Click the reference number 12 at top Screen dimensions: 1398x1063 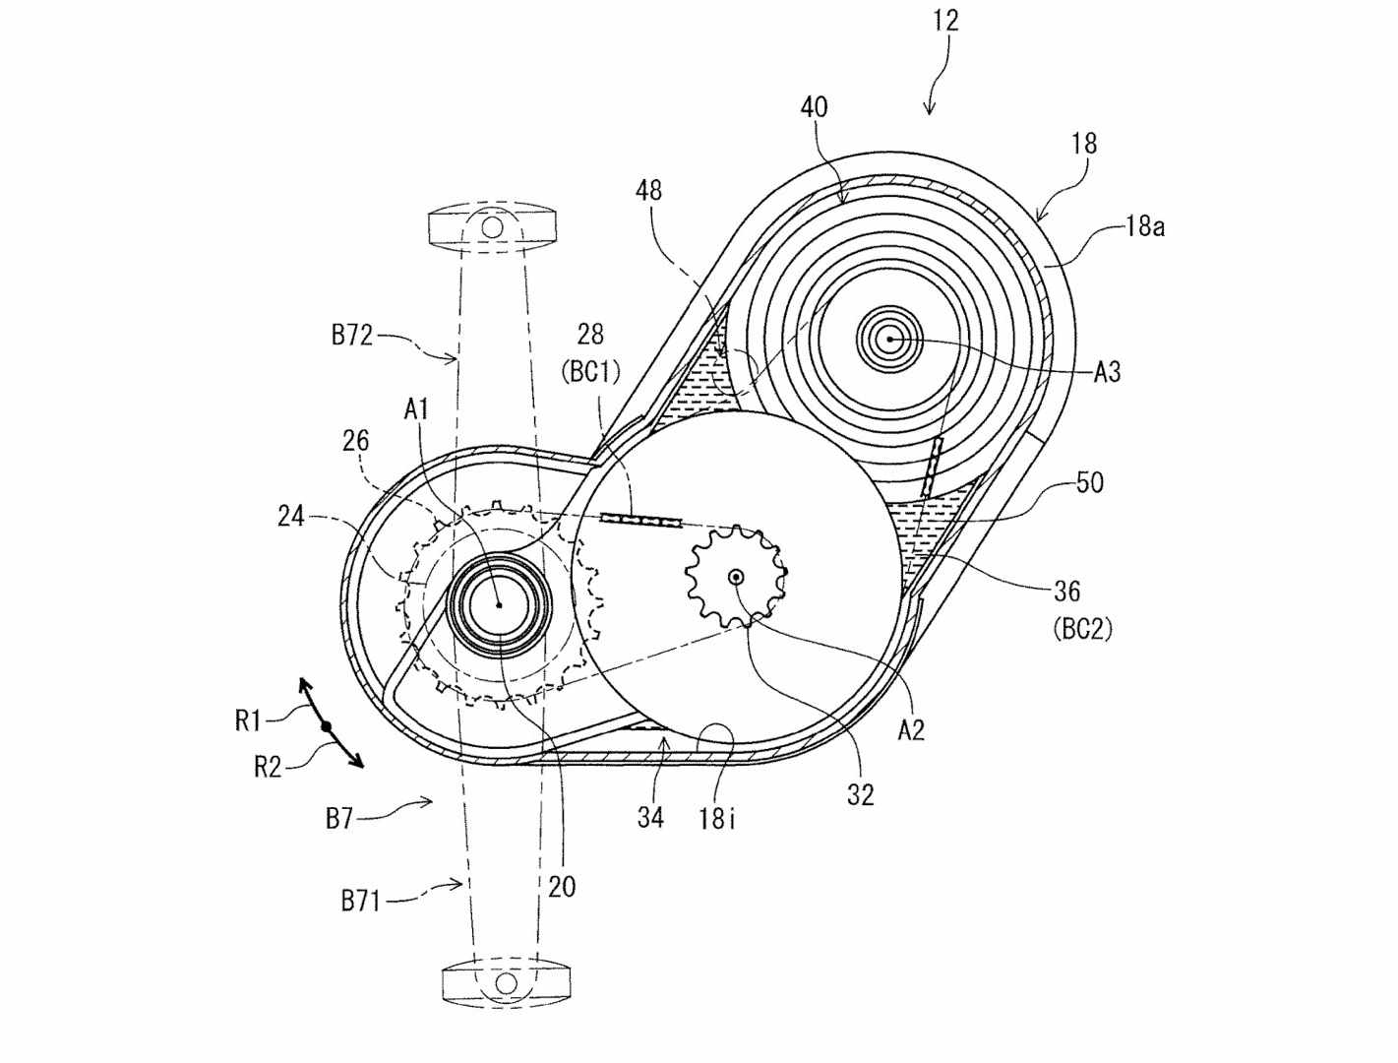[x=945, y=21]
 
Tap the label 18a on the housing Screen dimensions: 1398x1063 [x=1144, y=226]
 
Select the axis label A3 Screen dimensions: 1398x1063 [x=1107, y=372]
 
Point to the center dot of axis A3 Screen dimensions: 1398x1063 [x=889, y=340]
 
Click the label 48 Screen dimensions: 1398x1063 [x=648, y=190]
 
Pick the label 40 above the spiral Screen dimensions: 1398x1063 [x=814, y=107]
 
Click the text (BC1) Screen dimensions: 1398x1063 [x=590, y=372]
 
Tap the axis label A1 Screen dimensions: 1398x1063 [x=416, y=410]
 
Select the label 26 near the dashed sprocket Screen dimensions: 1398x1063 [x=355, y=440]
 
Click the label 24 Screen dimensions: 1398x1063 [x=290, y=516]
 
